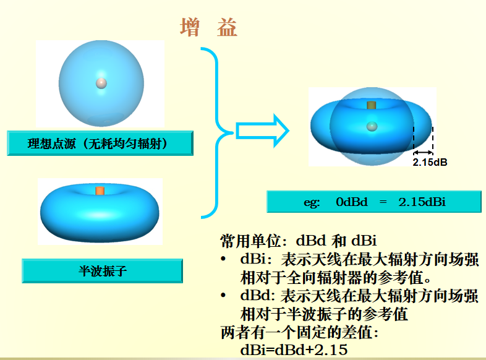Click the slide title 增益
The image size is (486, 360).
point(209,28)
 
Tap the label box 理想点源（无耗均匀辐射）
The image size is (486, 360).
point(100,144)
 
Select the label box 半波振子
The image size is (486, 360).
point(102,270)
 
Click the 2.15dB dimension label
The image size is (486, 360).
point(430,163)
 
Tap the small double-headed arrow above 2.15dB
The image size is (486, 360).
point(424,152)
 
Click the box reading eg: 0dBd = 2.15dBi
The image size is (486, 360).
point(373,202)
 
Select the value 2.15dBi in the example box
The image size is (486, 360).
point(423,202)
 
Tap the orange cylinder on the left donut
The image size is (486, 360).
point(100,190)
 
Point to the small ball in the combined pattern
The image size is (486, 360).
point(371,126)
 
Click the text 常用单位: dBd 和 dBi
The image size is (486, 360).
point(299,241)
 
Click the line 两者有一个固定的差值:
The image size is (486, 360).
point(299,332)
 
